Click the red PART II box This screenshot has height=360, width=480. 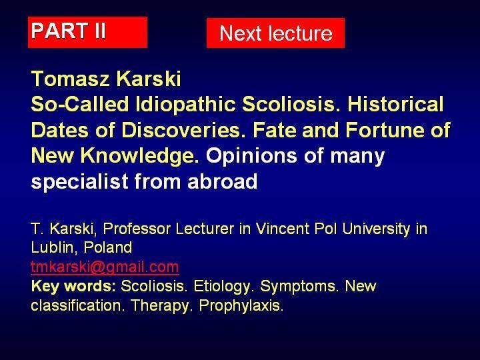(87, 32)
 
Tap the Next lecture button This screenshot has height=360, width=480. (275, 33)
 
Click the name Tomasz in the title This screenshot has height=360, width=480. (70, 79)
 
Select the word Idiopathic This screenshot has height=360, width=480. (185, 104)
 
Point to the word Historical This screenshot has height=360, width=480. (395, 104)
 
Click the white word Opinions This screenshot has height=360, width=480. (251, 155)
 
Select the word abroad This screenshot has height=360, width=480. (222, 181)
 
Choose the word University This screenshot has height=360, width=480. (376, 229)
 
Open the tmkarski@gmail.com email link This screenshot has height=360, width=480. (105, 267)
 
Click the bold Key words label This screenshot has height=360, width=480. (73, 286)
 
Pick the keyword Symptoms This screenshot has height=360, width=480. (299, 287)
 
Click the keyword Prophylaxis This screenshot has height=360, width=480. (241, 305)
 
